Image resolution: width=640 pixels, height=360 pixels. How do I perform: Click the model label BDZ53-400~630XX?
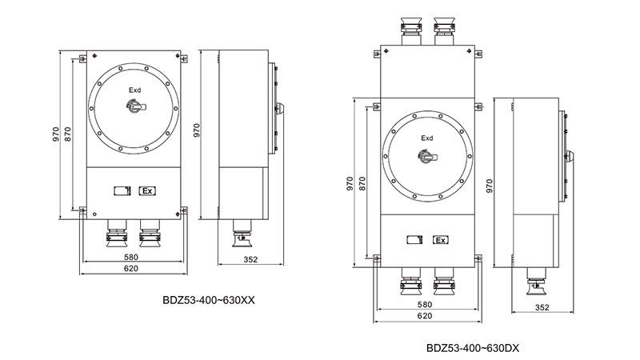click(209, 301)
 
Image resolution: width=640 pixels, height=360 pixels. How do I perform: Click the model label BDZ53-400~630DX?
click(473, 348)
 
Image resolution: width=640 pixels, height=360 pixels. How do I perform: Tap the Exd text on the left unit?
click(134, 90)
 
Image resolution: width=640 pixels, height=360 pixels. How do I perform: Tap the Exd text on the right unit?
click(427, 138)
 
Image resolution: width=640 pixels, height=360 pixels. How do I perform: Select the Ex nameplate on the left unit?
click(147, 190)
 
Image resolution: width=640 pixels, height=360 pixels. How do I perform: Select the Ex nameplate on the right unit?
click(441, 240)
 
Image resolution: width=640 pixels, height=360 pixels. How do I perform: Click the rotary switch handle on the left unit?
click(135, 107)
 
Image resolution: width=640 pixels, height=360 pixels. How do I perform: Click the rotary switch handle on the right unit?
click(427, 156)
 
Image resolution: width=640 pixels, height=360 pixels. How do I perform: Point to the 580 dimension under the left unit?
click(131, 257)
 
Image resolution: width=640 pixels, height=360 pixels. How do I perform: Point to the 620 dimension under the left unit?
click(131, 269)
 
